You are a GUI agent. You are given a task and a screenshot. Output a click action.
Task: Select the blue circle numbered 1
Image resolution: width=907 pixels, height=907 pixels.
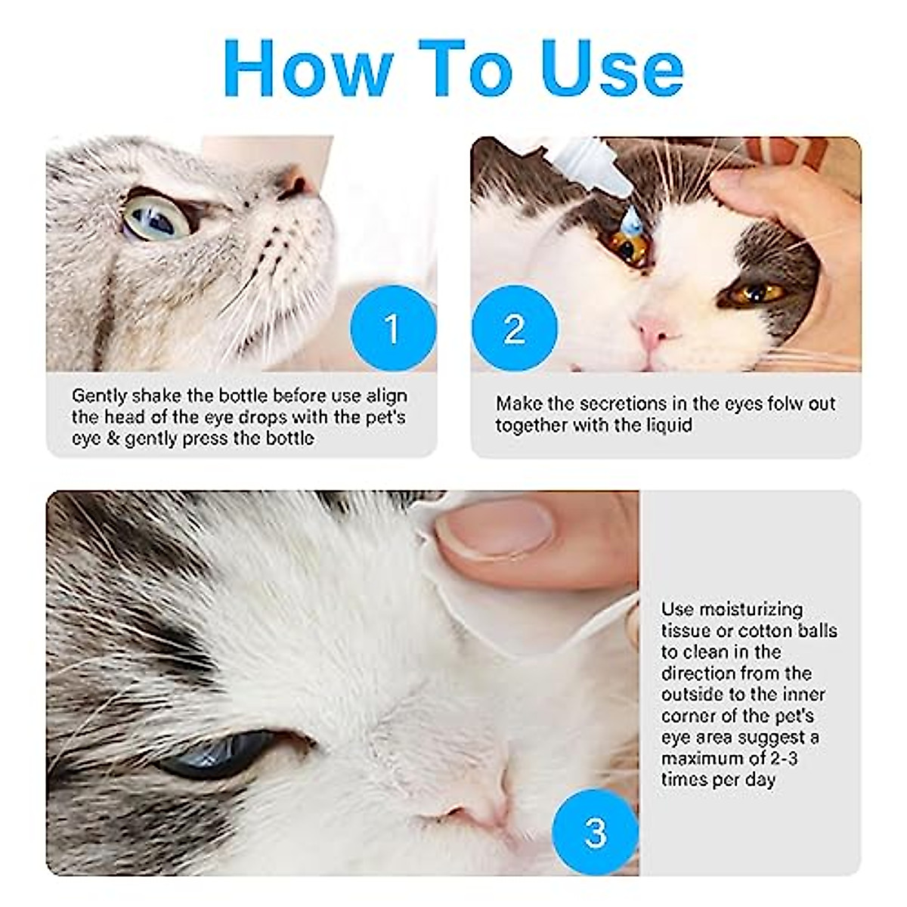(392, 329)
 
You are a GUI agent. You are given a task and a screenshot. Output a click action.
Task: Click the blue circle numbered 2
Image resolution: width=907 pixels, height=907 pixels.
(515, 329)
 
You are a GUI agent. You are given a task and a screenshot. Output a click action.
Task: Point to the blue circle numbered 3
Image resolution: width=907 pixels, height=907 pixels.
(596, 832)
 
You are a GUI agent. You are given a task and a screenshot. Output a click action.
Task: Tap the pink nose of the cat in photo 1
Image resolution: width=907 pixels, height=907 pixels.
(296, 184)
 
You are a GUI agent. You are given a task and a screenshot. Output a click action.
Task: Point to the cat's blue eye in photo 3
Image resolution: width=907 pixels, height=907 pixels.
(219, 753)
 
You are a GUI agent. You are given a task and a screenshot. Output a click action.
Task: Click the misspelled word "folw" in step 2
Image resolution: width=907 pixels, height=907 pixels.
(785, 404)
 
